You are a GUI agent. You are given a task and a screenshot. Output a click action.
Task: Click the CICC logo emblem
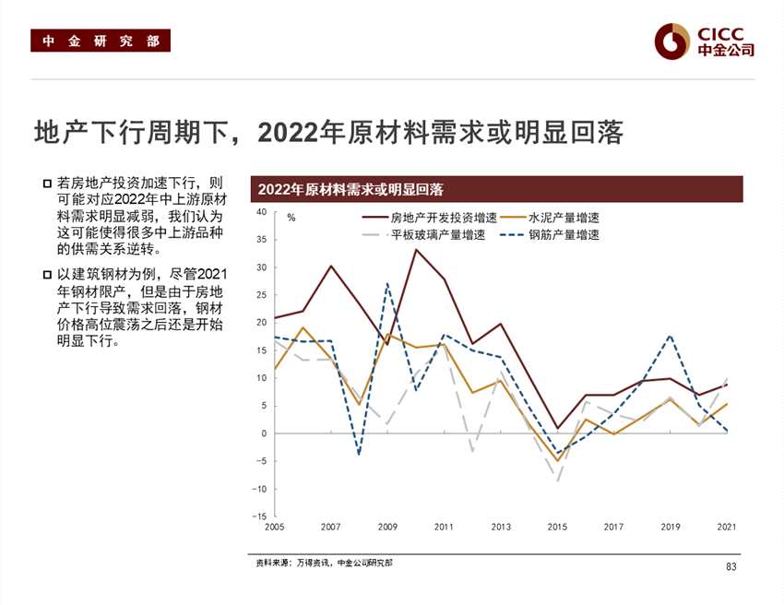pos(672,41)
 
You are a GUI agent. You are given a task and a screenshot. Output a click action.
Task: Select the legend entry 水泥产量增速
pos(564,219)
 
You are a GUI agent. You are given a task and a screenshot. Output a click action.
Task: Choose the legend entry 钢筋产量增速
pos(564,235)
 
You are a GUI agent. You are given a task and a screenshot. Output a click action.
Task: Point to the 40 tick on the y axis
pos(261,212)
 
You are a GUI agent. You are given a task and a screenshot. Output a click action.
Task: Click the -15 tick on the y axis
pos(259,516)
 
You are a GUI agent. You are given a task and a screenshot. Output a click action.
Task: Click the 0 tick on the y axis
pos(263,433)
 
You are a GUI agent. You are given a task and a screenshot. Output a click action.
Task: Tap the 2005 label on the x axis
pos(274,528)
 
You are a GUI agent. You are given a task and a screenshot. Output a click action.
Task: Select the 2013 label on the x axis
pos(500,528)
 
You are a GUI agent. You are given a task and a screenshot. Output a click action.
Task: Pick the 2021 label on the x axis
pos(727,528)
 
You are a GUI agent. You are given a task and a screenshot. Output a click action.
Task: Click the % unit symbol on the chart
pos(291,219)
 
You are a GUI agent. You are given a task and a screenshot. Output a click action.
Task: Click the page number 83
pos(731,566)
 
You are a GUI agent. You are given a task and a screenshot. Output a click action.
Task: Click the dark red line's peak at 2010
pos(416,249)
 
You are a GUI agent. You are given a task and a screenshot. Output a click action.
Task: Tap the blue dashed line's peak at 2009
pos(387,283)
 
